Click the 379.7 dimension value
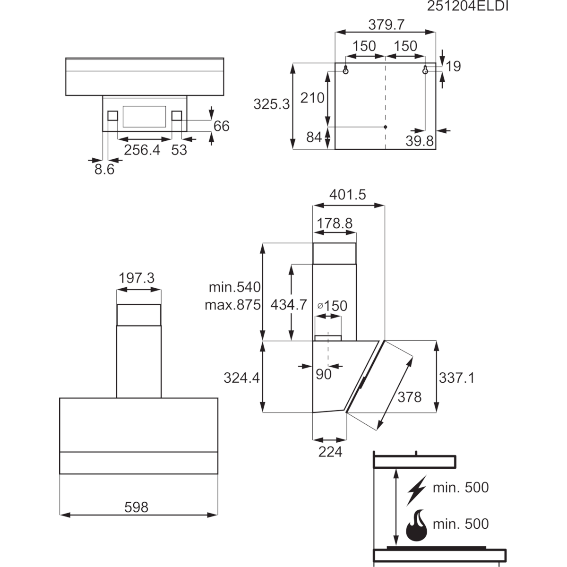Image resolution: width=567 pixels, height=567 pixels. (387, 25)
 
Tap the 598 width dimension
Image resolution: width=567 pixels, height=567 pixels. (136, 507)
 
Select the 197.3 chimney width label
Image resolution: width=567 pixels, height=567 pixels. (137, 278)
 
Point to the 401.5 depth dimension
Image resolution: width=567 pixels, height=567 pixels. (347, 195)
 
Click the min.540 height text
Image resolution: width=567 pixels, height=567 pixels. (234, 287)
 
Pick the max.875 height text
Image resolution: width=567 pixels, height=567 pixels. (233, 305)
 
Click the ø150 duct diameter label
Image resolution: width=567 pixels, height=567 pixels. (333, 306)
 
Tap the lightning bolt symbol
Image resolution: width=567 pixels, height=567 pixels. (416, 490)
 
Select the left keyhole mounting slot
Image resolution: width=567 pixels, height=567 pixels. (346, 70)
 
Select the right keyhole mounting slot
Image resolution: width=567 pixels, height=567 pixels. (425, 70)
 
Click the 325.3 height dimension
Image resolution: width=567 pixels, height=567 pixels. (271, 104)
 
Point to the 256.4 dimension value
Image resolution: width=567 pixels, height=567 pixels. (142, 150)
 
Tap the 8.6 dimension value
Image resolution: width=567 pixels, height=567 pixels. (104, 170)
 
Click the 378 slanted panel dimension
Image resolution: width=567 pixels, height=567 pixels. (410, 397)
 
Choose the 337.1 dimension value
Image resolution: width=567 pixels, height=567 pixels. (456, 378)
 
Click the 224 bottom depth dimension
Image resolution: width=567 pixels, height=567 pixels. (330, 452)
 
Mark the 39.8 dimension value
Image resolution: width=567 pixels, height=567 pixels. (420, 141)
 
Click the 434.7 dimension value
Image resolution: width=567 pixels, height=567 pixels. (289, 305)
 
